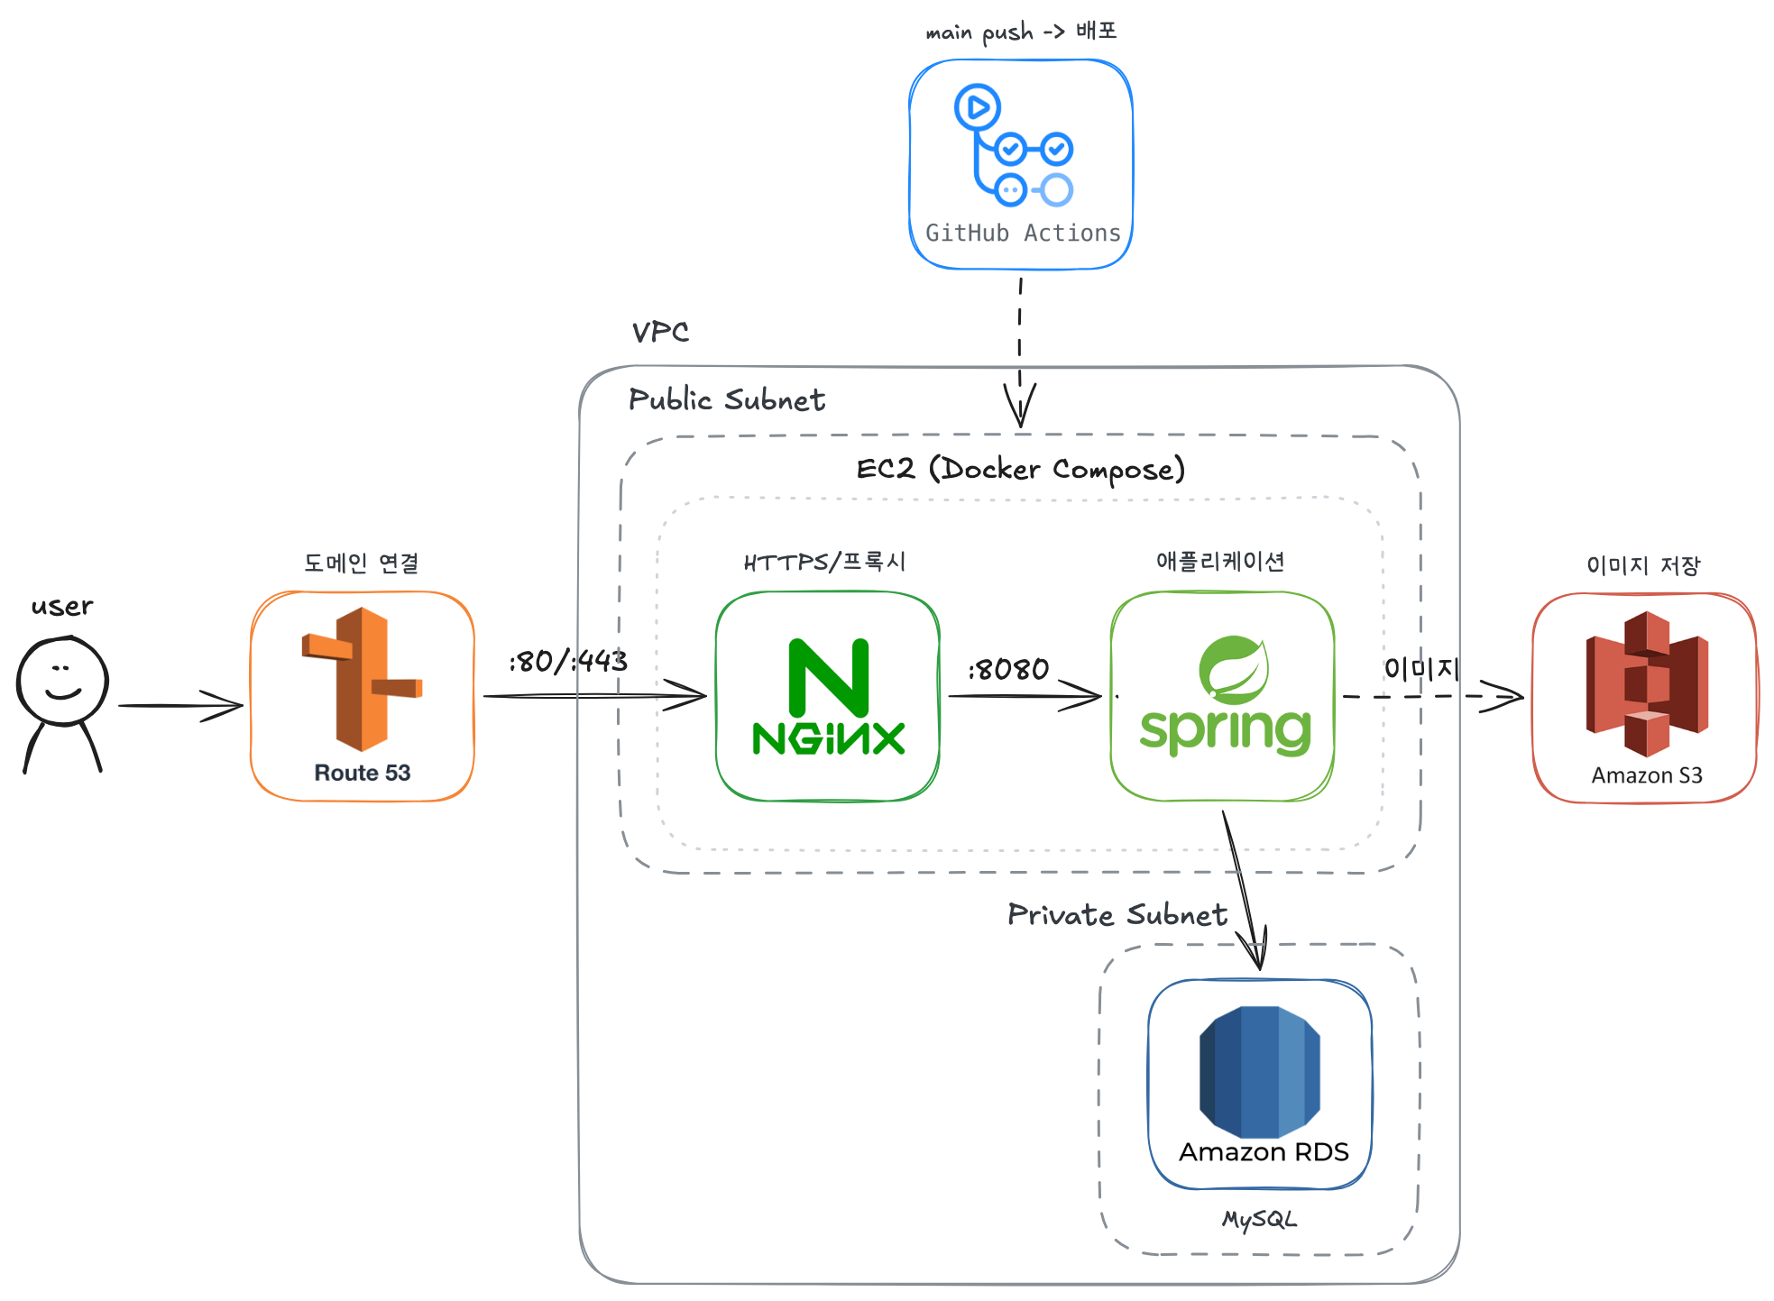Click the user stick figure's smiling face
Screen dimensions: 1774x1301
[x=62, y=681]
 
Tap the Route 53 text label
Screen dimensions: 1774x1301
[x=362, y=773]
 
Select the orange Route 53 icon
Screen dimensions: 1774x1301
[x=362, y=679]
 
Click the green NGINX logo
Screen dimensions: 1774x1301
[x=828, y=696]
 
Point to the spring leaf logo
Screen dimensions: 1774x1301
[x=1233, y=670]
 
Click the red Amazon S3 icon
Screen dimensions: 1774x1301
[x=1647, y=683]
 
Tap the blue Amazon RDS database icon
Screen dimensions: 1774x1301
[x=1260, y=1072]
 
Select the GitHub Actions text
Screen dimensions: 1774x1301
[x=1023, y=234]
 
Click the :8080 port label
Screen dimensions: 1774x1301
[x=1008, y=669]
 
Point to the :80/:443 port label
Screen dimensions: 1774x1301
[x=568, y=661]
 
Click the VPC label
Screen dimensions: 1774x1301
[x=660, y=332]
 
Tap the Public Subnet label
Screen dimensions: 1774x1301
[x=727, y=399]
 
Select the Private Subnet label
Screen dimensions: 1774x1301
[x=1117, y=914]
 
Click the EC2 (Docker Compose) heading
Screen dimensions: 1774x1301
[x=1020, y=469]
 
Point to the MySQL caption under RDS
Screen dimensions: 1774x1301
[x=1259, y=1219]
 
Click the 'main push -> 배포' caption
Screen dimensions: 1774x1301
[x=1021, y=32]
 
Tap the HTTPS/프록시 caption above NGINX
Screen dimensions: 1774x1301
[x=824, y=562]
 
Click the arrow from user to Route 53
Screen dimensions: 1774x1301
[x=180, y=706]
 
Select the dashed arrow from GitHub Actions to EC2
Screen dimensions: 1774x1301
[x=1020, y=353]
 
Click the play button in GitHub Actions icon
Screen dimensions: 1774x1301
[x=978, y=107]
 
